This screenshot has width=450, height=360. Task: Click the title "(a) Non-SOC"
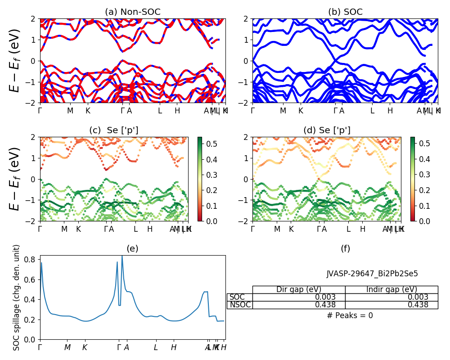pyautogui.click(x=133, y=12)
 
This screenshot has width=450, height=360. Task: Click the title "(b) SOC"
pyautogui.click(x=345, y=12)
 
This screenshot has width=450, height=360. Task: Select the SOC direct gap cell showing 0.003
pyautogui.click(x=299, y=297)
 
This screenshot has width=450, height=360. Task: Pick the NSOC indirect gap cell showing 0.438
pyautogui.click(x=391, y=305)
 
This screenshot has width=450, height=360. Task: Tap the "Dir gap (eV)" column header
pyautogui.click(x=299, y=289)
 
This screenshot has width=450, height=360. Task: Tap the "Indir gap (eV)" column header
pyautogui.click(x=391, y=289)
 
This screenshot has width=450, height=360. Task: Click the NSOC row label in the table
pyautogui.click(x=239, y=305)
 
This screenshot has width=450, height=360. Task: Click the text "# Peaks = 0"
pyautogui.click(x=350, y=315)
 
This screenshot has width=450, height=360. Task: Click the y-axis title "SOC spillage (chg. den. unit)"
pyautogui.click(x=17, y=297)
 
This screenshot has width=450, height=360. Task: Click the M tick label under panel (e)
pyautogui.click(x=67, y=347)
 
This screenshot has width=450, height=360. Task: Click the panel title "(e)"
pyautogui.click(x=133, y=248)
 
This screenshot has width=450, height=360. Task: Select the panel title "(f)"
pyautogui.click(x=345, y=248)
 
